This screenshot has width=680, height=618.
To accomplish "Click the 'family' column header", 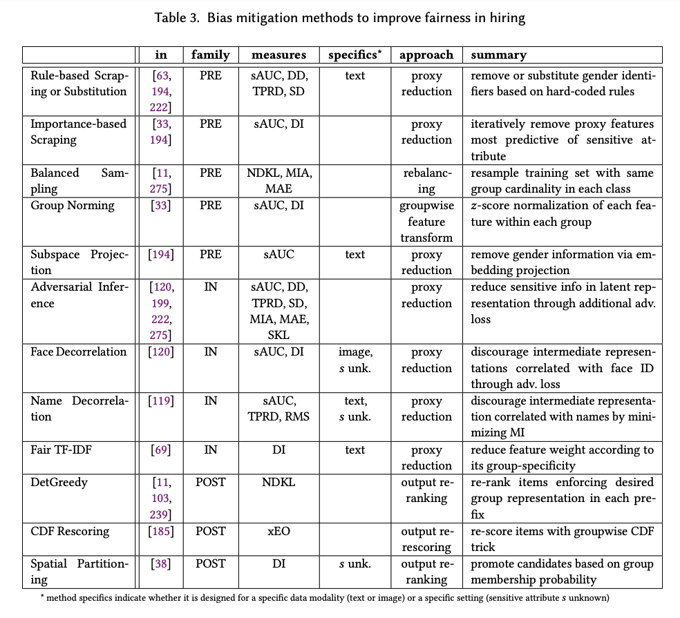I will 210,55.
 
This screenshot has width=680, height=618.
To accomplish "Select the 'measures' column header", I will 278,55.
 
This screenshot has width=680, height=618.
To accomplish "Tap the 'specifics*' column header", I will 355,55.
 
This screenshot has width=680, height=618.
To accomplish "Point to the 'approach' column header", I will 426,55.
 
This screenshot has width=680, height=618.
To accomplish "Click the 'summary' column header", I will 498,55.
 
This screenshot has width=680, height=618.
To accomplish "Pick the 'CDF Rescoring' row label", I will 70,531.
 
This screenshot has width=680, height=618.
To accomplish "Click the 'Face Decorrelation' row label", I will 79,351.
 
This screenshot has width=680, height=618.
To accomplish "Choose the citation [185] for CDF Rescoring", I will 162,531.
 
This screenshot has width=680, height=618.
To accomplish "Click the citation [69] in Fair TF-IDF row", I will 162,450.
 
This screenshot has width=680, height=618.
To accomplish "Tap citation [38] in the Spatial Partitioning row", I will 162,563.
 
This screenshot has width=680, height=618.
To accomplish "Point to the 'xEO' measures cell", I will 278,531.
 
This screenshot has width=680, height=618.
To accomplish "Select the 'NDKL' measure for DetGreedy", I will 278,482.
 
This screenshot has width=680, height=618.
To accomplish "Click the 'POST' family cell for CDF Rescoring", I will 210,531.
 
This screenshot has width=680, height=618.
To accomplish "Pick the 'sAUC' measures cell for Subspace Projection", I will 278,254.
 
